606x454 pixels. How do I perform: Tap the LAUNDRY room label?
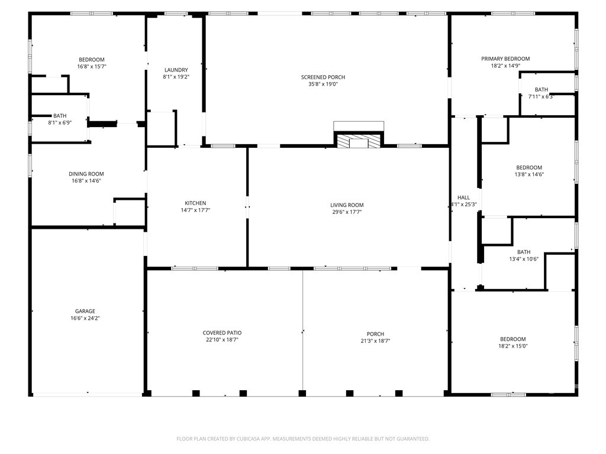[x=176, y=70]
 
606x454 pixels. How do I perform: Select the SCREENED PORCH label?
[x=323, y=77]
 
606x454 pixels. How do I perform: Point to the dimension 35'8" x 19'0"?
[x=323, y=84]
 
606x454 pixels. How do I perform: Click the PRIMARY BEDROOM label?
[x=505, y=59]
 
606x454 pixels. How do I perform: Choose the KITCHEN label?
[x=195, y=203]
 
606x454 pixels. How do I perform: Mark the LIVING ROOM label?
[x=347, y=205]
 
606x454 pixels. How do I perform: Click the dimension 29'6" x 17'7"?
[x=347, y=212]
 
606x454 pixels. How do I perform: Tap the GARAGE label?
[x=85, y=311]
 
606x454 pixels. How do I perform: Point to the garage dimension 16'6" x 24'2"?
[x=85, y=318]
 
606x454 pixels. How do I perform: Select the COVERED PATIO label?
[x=223, y=333]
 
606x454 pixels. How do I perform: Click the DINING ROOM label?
[x=86, y=174]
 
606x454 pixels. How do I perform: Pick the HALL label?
[x=464, y=197]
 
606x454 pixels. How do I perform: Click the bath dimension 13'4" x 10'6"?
[x=524, y=259]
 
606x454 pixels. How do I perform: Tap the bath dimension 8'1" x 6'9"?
[x=60, y=123]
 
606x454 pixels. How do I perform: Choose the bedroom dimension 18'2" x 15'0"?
[x=513, y=346]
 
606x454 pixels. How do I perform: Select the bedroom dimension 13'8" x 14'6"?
[x=529, y=174]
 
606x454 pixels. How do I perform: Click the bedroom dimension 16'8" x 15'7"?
[x=92, y=66]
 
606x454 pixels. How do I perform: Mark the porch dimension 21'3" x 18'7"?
[x=375, y=341]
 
